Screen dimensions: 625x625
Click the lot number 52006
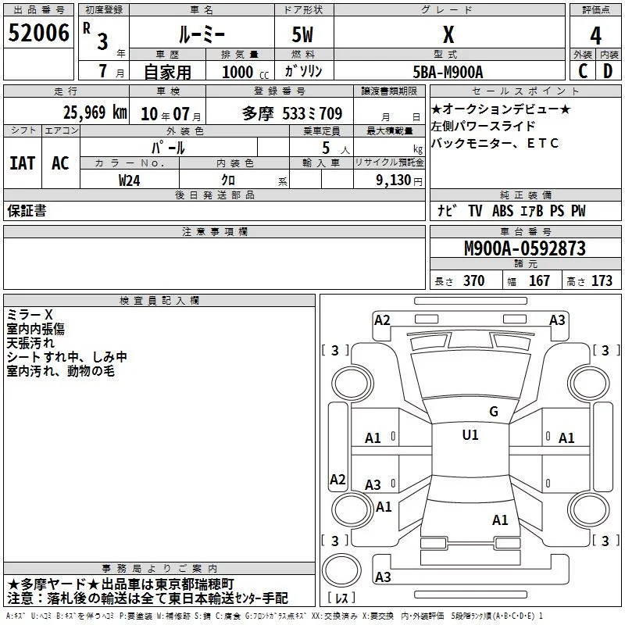[38, 33]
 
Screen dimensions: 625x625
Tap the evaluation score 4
[595, 35]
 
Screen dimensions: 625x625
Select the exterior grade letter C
[583, 71]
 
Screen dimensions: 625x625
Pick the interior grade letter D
[608, 71]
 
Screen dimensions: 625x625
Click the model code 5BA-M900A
[448, 72]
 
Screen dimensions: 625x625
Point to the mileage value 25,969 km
[95, 112]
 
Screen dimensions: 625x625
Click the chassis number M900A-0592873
[525, 248]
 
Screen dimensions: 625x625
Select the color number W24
[129, 180]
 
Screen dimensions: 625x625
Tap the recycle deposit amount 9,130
[394, 180]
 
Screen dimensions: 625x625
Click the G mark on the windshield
[494, 412]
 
